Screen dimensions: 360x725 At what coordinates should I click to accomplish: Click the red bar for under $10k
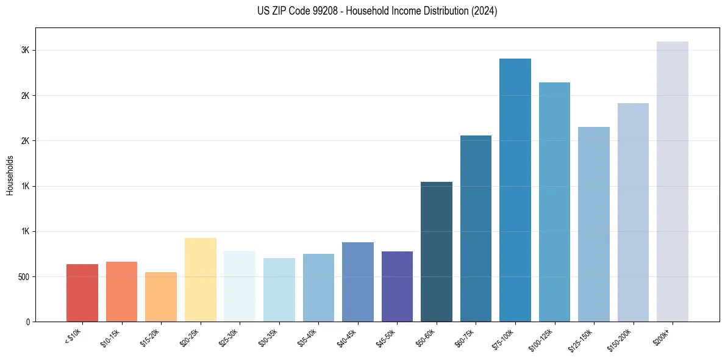82,293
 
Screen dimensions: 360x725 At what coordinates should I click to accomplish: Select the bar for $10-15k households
121,292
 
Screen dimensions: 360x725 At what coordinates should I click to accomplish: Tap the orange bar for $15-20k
161,297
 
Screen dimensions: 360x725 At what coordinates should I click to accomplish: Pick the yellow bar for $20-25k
201,279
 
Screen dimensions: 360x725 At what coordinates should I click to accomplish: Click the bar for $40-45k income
357,282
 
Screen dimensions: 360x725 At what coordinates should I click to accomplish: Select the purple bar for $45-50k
397,286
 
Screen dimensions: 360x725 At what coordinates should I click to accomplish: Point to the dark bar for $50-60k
437,251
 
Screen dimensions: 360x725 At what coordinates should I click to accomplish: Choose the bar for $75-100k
515,190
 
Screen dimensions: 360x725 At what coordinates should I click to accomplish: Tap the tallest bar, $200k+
673,181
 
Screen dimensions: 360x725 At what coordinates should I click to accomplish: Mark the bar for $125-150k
594,224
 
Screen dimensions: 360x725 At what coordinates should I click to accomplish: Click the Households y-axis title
10,175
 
